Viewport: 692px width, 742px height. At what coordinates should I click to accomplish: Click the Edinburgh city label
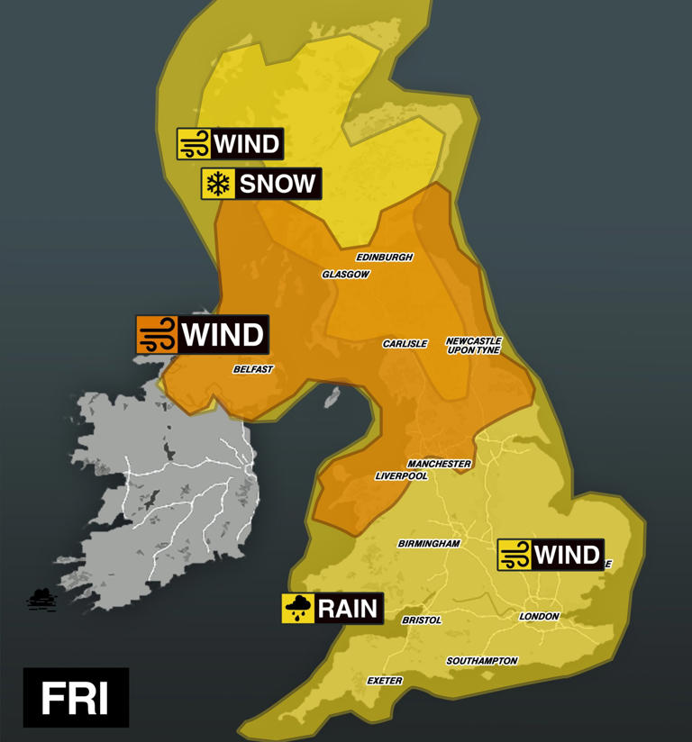point(384,258)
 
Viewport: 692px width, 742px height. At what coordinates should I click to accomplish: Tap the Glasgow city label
point(346,275)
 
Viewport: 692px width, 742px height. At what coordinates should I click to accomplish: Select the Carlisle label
point(405,344)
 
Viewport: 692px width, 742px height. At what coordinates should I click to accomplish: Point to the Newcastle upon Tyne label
point(473,346)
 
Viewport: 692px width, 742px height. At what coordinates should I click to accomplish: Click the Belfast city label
point(253,369)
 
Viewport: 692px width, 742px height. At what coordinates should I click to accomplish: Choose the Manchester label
point(439,464)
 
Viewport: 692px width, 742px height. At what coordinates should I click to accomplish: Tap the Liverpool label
point(401,476)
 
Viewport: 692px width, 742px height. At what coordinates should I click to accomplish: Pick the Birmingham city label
point(429,544)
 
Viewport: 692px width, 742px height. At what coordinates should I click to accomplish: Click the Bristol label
point(422,620)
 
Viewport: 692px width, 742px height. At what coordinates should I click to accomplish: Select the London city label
point(539,617)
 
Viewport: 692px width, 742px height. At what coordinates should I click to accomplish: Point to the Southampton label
point(482,661)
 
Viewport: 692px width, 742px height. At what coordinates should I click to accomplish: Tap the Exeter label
point(385,681)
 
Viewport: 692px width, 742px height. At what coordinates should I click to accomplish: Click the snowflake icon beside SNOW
point(217,185)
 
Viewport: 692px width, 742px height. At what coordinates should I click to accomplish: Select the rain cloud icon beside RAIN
point(298,609)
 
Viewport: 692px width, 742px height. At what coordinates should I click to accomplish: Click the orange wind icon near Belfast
point(156,335)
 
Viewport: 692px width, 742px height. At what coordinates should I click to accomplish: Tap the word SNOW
point(278,185)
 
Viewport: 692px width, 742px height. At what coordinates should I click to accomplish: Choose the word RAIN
point(347,609)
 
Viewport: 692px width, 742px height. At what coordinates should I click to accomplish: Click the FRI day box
point(76,698)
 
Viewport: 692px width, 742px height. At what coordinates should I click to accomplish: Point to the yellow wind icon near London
point(514,555)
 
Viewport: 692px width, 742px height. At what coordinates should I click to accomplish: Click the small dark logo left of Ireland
point(41,599)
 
